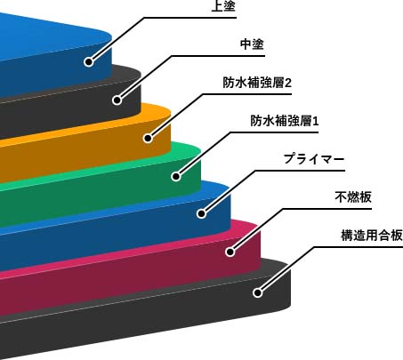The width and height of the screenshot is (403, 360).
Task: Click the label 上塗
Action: click(223, 5)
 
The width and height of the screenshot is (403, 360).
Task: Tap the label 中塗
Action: click(252, 44)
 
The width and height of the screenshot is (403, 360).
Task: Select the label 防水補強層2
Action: click(257, 83)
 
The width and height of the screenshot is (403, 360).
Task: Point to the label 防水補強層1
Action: click(285, 121)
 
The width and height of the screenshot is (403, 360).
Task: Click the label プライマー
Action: click(314, 159)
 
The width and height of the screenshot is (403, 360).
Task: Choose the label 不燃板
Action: click(353, 197)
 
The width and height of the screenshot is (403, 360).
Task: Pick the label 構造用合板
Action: click(372, 236)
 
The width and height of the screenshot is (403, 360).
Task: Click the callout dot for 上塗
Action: click(89, 62)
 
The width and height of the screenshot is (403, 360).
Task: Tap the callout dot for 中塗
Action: click(117, 100)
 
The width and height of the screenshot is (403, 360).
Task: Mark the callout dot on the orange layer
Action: click(148, 138)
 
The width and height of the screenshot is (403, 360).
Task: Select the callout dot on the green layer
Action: click(176, 177)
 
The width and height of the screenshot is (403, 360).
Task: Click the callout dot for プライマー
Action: click(201, 213)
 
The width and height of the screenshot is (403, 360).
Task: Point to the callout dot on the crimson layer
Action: click(230, 252)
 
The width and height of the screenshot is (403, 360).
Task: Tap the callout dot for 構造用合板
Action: click(258, 292)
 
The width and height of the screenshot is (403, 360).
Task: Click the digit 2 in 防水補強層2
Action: click(288, 83)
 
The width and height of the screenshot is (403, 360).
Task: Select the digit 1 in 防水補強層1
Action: click(316, 121)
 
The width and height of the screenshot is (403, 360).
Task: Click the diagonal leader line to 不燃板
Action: click(256, 230)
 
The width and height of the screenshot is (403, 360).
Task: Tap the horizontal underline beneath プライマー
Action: click(300, 171)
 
